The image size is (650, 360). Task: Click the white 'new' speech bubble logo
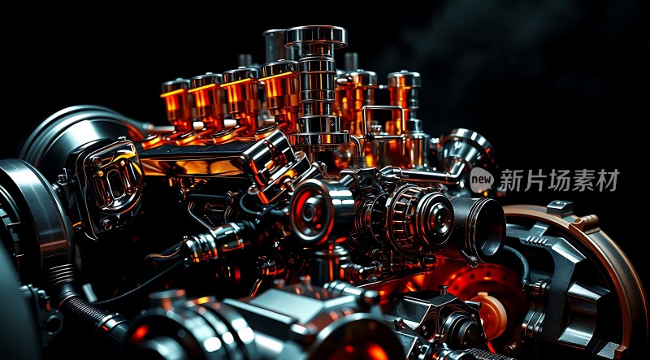pyautogui.click(x=482, y=180)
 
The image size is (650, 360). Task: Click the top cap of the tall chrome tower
pyautogui.click(x=316, y=36)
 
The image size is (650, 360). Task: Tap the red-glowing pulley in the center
pyautogui.click(x=311, y=211)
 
